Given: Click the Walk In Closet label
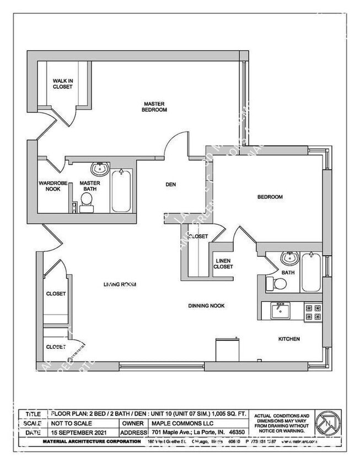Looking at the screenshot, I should pyautogui.click(x=62, y=83).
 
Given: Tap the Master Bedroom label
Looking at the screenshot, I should pyautogui.click(x=155, y=106).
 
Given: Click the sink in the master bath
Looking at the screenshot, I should pyautogui.click(x=100, y=168).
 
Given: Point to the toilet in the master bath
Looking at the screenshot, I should pyautogui.click(x=87, y=205).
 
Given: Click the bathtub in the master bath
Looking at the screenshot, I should pyautogui.click(x=121, y=191).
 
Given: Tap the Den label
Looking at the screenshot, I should pyautogui.click(x=170, y=185).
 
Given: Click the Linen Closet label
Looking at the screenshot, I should pyautogui.click(x=223, y=263).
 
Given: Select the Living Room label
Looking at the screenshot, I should pyautogui.click(x=120, y=284).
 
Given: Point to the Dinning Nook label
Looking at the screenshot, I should pyautogui.click(x=206, y=305).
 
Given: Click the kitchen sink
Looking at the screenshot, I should pyautogui.click(x=281, y=311).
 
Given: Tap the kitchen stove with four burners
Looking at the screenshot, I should pyautogui.click(x=313, y=312).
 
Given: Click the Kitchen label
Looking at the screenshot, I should pyautogui.click(x=288, y=339).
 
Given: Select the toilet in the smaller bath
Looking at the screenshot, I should pyautogui.click(x=276, y=284).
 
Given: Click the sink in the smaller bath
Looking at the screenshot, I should pyautogui.click(x=289, y=258).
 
